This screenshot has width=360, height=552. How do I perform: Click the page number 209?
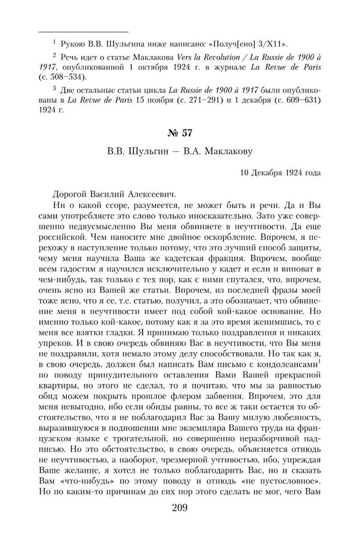(179, 506)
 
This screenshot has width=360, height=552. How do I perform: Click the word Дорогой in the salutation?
(70, 194)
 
